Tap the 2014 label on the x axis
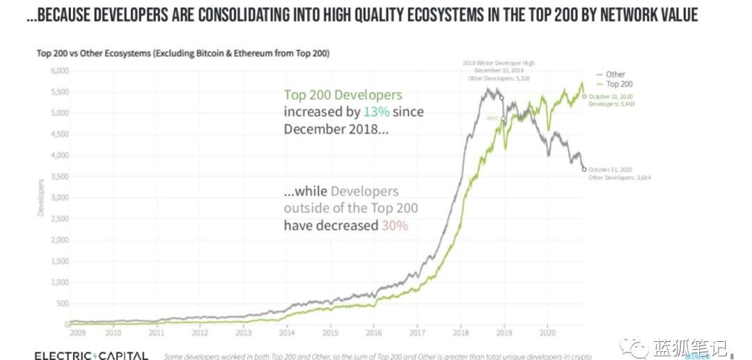287,334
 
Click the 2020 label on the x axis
548,334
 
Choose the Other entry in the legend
616,75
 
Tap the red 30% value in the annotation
394,226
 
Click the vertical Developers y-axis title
41,198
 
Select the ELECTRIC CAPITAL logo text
91,356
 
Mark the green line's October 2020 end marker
583,96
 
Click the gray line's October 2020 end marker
583,169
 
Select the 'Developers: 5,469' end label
611,103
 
